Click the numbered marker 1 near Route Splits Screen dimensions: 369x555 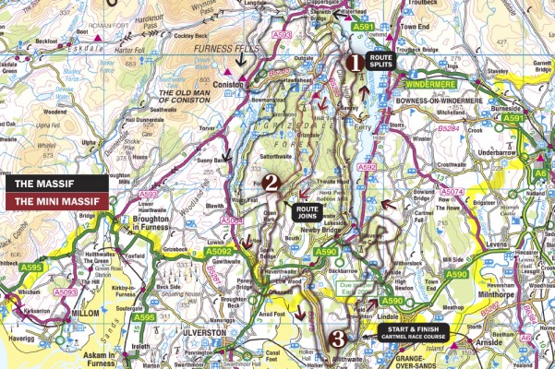353,63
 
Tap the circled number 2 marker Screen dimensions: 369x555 271,183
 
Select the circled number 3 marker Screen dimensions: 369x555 338,339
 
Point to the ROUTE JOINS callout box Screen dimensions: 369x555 307,214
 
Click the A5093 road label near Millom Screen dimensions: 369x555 64,292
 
